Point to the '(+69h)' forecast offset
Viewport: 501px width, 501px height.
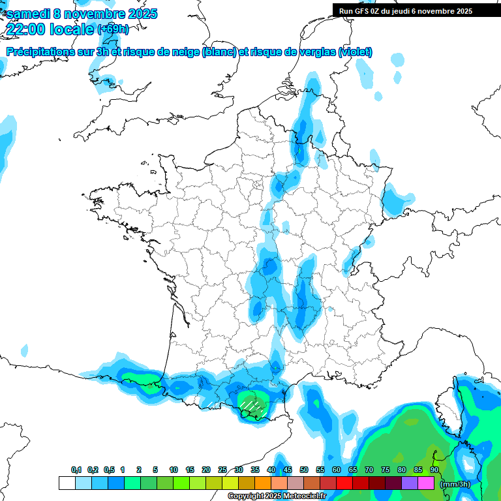[113, 29]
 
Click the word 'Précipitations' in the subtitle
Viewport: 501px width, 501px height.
[38, 52]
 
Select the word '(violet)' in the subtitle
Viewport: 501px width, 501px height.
[356, 52]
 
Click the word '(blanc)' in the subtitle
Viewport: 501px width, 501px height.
[219, 52]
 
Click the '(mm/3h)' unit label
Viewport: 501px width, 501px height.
[455, 484]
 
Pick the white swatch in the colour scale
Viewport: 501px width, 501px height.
[67, 483]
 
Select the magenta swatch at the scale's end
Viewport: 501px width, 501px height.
[426, 483]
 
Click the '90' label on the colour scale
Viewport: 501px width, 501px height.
[434, 470]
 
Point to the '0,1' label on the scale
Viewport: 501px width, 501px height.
[76, 470]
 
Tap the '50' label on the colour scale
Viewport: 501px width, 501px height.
[304, 470]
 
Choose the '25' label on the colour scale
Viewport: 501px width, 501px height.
[222, 470]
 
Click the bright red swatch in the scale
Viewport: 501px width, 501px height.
[344, 483]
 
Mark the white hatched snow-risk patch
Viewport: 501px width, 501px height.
[250, 405]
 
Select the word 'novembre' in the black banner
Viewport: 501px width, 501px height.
[433, 11]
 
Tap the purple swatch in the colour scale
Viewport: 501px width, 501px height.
[410, 483]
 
